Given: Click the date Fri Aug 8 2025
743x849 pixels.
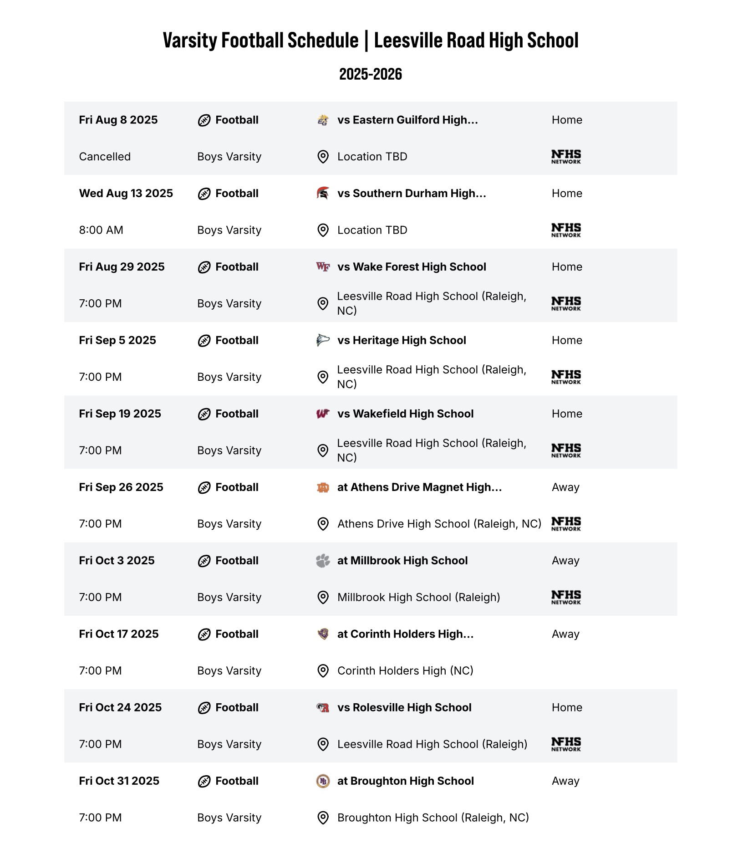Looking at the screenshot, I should pos(118,120).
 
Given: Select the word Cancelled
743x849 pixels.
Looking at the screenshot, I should pos(105,157).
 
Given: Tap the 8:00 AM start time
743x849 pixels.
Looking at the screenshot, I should pos(101,230).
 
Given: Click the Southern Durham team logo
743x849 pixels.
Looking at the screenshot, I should pos(323,193).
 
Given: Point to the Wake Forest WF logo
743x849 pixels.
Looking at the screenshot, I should pos(323,267).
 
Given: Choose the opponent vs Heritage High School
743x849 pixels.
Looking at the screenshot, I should pos(402,340).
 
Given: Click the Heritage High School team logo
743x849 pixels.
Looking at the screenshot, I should pos(323,340).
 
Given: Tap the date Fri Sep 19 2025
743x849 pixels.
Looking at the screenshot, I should pos(120,414).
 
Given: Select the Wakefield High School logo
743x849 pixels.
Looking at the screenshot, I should pos(323,414).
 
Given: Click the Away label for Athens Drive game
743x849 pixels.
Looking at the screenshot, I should pos(565,487).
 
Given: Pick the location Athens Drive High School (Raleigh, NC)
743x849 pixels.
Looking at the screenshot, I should pos(439,524).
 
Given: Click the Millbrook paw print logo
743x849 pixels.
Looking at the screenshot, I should pos(323,561).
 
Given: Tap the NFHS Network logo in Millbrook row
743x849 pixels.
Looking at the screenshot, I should pos(566,597).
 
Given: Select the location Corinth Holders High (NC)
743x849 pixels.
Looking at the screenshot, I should pos(405,670).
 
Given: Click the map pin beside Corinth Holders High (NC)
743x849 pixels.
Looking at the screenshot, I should pos(323,671).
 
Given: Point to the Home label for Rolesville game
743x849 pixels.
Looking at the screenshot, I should pos(567,707).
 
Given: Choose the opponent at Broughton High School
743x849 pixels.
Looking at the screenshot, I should pos(405,781).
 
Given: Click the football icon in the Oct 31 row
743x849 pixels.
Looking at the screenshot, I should pos(204,782).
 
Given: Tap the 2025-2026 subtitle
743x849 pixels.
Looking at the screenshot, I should pos(371,74).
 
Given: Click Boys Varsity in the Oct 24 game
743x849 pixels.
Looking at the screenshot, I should pos(229,744).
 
